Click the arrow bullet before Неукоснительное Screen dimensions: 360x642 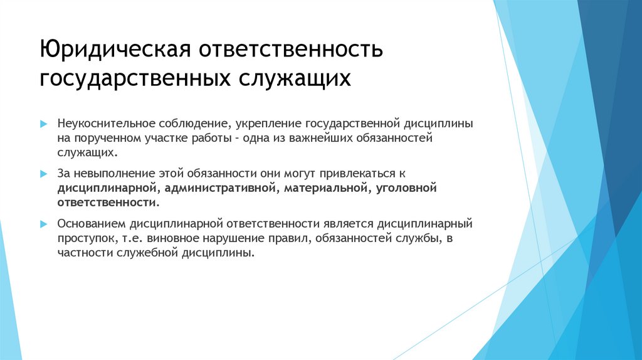point(43,124)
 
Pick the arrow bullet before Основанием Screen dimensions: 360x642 point(43,224)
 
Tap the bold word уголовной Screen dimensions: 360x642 point(406,188)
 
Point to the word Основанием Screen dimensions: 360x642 point(92,223)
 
